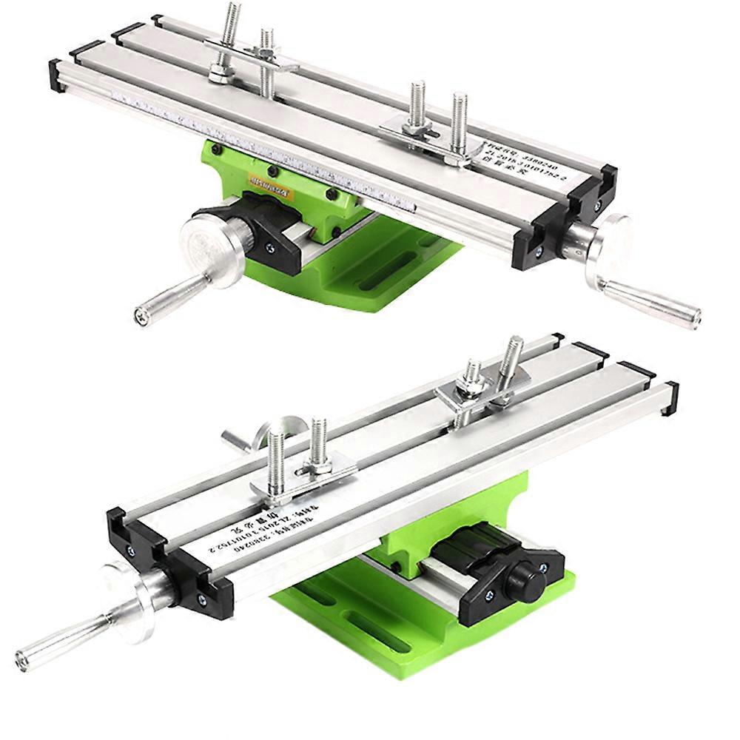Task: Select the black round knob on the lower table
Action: (526, 580)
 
